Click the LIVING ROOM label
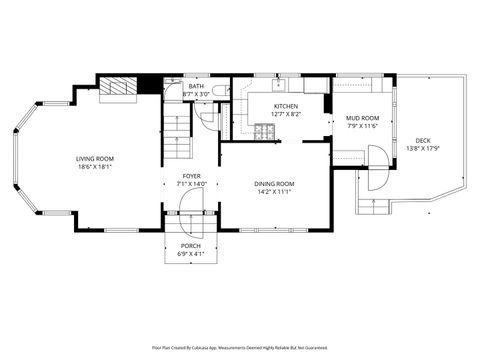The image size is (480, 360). pos(93,159)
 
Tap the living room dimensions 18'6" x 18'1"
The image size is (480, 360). pos(93,168)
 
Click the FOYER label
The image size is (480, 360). pos(190,175)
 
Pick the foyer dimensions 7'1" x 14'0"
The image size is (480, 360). pos(190,184)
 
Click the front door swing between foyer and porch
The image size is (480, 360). pos(190,204)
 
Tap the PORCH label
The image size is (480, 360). pos(190,245)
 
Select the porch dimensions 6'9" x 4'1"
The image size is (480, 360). pos(190,254)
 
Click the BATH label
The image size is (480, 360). pos(197,86)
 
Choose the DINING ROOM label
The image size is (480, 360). pos(273,183)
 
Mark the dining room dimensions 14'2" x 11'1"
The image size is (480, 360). pos(273,192)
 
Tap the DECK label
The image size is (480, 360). pos(423,140)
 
